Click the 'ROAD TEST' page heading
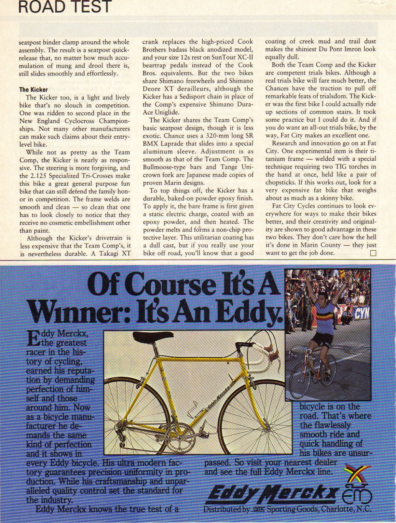[65, 7]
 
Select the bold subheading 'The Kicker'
[33, 90]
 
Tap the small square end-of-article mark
[373, 253]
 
